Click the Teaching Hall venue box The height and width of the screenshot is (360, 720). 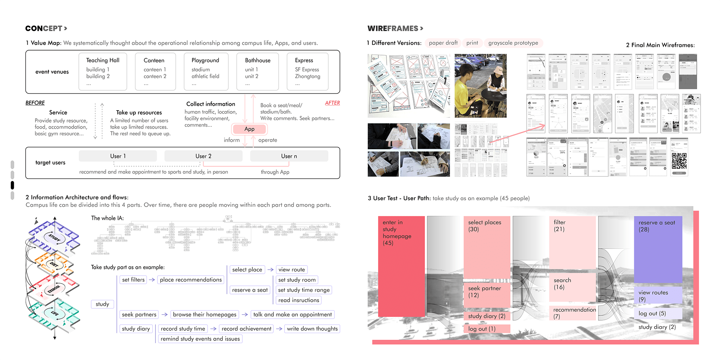(x=103, y=72)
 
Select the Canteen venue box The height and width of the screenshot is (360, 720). (x=155, y=72)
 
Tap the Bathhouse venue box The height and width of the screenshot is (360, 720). (x=258, y=72)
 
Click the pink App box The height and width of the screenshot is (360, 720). (x=249, y=129)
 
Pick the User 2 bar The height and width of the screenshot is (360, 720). (x=203, y=156)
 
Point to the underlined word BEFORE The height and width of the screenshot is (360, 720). (x=35, y=103)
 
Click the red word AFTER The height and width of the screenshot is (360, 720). (x=332, y=103)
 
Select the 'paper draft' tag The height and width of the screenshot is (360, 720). (x=443, y=43)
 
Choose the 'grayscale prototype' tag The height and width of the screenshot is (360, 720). (x=513, y=43)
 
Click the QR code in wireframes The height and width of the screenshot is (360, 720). (x=679, y=161)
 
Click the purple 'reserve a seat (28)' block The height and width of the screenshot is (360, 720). (x=658, y=249)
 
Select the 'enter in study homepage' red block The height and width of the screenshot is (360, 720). (x=401, y=266)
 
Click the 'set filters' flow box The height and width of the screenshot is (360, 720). (x=133, y=280)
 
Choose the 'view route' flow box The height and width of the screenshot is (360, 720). (x=291, y=270)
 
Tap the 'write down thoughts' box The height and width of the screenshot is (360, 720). (x=312, y=329)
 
